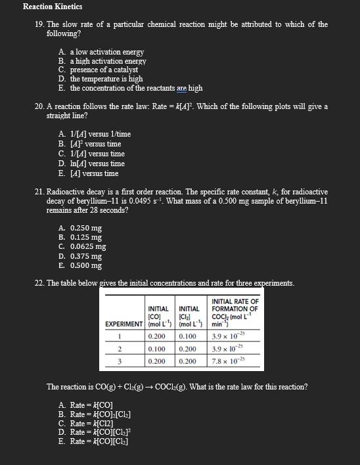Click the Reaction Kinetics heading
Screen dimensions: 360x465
(52, 7)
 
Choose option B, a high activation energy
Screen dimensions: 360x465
(108, 61)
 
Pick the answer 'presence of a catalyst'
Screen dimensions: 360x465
(104, 70)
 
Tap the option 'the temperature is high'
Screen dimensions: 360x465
(106, 79)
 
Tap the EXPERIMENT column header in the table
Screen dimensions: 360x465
(124, 324)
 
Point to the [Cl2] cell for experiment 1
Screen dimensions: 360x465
(189, 336)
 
